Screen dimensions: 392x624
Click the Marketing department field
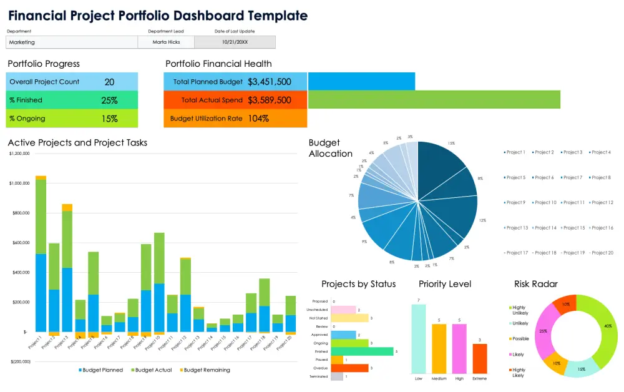tap(72, 42)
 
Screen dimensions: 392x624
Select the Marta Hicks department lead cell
tap(166, 42)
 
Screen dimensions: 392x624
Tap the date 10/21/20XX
tap(235, 42)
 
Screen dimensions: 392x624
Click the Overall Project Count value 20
tap(109, 82)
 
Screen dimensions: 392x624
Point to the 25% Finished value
tap(109, 100)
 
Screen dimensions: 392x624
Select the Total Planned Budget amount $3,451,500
tap(269, 82)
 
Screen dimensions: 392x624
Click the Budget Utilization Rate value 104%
tap(258, 119)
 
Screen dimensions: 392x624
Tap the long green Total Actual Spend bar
tap(434, 100)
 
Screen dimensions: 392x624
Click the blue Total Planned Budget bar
tap(361, 82)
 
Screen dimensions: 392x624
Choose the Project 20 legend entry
tap(602, 253)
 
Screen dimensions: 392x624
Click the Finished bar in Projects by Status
tap(362, 351)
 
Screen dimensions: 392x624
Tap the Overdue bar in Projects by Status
tap(349, 368)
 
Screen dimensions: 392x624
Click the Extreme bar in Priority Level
tap(480, 358)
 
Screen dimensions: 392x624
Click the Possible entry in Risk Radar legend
tap(520, 338)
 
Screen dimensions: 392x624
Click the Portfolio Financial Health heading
tap(218, 64)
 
